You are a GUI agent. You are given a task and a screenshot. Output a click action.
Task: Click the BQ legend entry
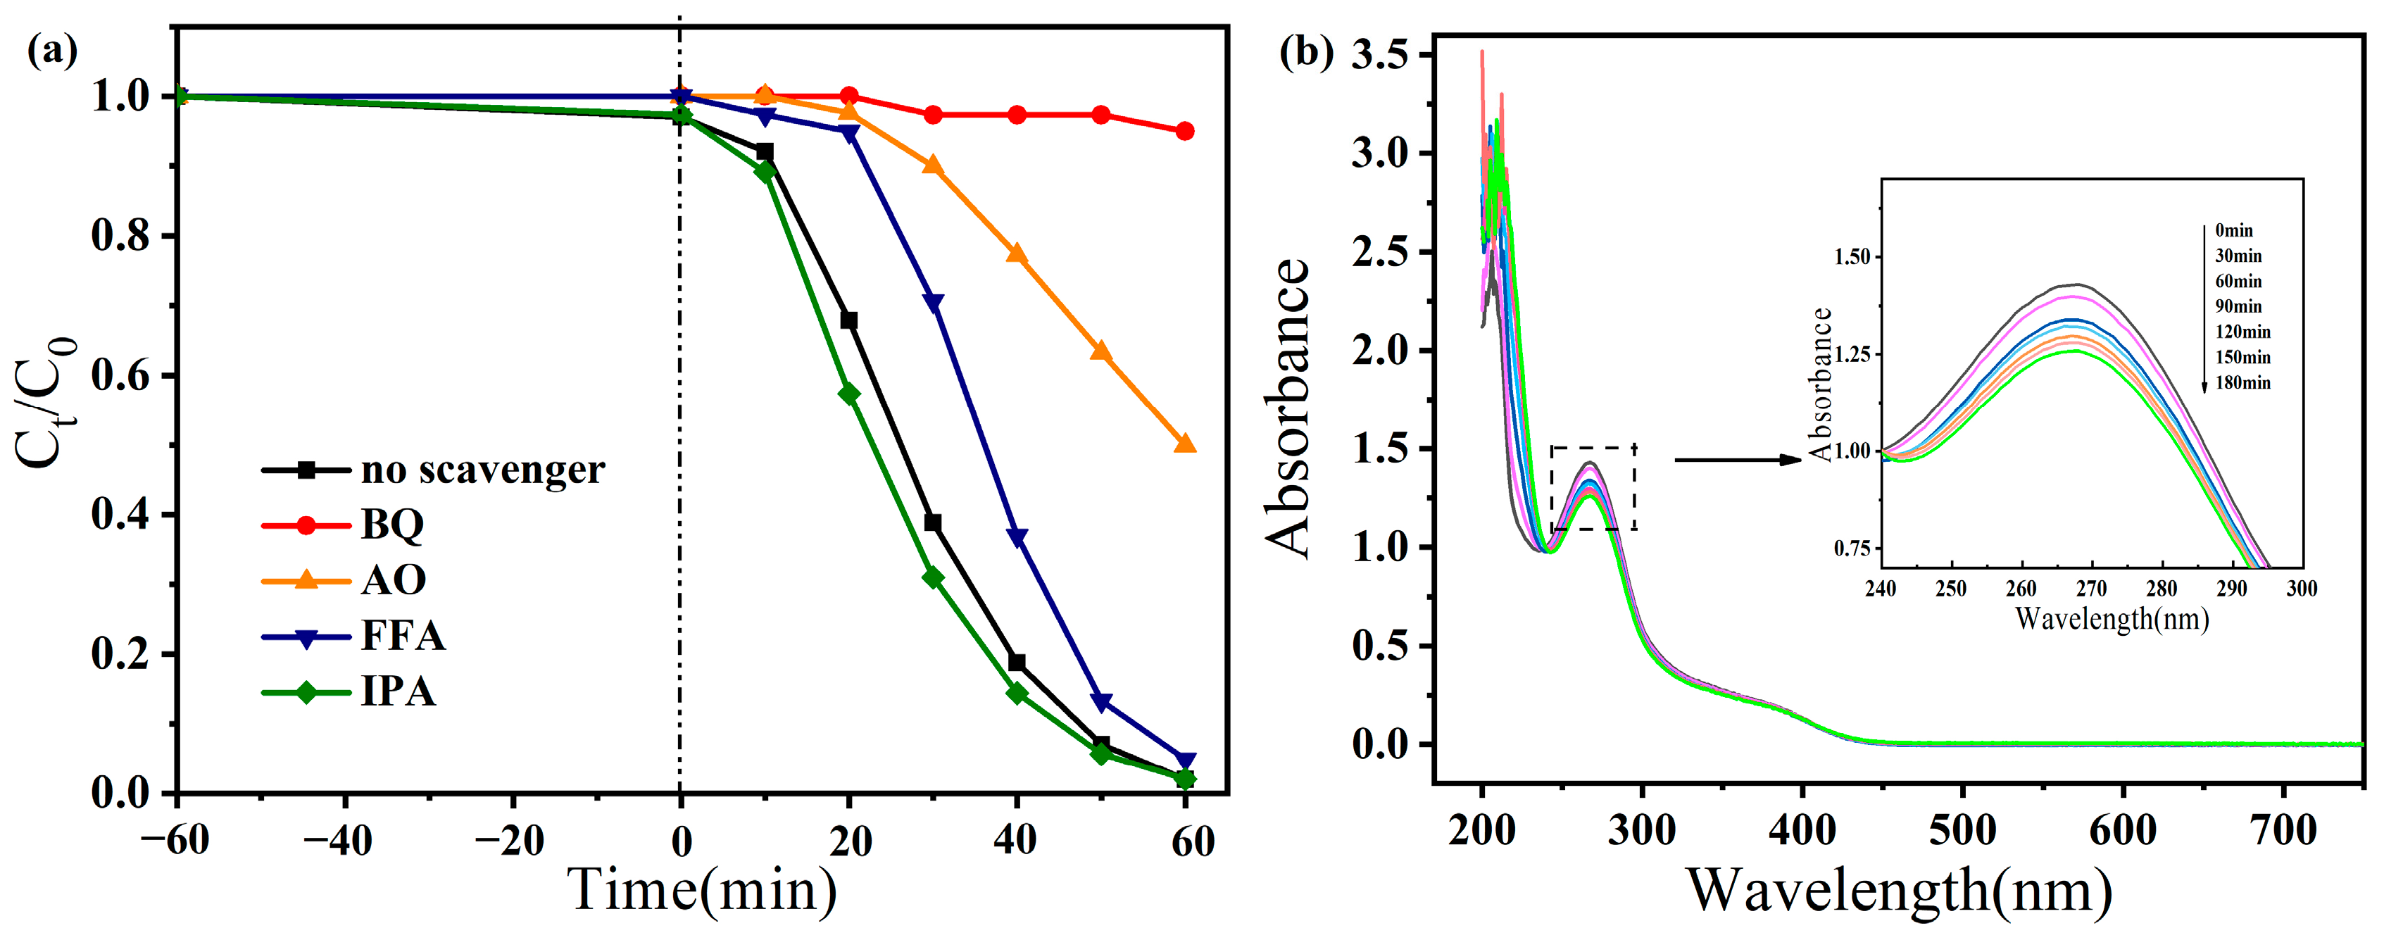391,525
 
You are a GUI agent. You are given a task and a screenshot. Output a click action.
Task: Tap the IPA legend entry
398,691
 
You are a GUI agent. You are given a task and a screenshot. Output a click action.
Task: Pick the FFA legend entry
403,636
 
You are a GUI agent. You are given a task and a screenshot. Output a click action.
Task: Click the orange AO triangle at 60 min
1184,444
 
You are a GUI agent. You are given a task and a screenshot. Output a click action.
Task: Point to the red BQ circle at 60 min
1184,132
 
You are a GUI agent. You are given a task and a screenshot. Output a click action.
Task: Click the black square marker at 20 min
848,321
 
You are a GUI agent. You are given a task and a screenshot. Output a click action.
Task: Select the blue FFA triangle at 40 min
1016,537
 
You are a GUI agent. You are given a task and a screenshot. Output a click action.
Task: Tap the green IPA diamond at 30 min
933,578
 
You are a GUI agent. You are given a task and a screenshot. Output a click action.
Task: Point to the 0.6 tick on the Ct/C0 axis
120,375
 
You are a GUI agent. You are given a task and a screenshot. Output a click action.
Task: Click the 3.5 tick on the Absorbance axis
1379,55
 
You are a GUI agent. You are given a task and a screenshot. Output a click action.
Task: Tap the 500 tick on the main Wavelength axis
1962,830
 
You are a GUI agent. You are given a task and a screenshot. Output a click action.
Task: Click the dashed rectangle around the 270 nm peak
1593,448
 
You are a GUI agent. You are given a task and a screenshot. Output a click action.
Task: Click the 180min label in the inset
2242,383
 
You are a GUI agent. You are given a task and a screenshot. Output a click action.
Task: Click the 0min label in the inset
2234,230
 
